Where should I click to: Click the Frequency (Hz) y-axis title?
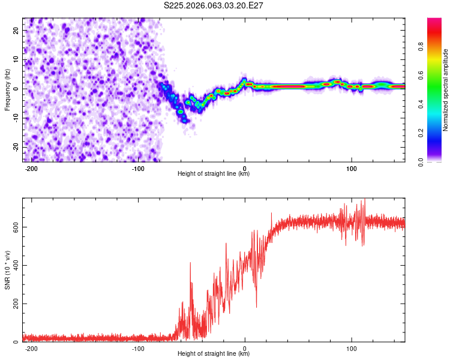point(7,89)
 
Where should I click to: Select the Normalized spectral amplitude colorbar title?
point(446,90)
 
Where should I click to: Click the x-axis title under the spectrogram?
point(214,173)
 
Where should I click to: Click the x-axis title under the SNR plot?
point(214,353)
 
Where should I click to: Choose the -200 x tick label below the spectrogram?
point(31,167)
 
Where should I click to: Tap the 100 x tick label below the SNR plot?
point(352,347)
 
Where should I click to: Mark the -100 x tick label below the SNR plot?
point(137,347)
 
